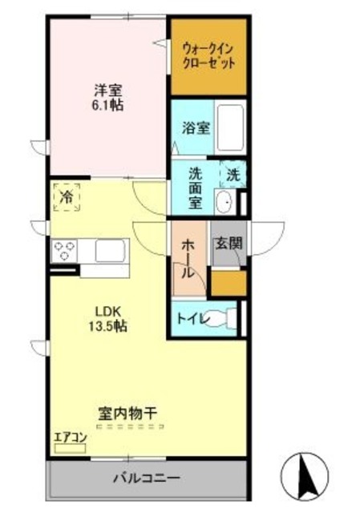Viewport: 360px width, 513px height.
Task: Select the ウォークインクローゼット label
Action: [x=208, y=55]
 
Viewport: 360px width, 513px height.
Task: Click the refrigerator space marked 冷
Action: [x=67, y=196]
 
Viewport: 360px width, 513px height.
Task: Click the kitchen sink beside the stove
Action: [x=108, y=251]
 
